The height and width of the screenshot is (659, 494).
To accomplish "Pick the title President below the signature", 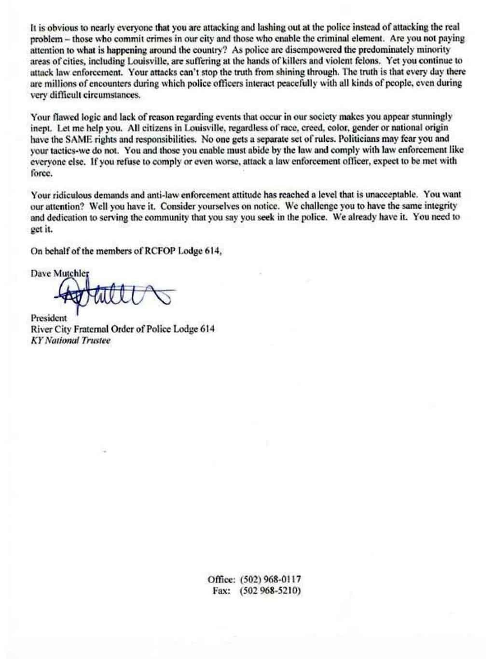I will pos(49,318).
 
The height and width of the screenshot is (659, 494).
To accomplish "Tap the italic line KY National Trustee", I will pos(70,340).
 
